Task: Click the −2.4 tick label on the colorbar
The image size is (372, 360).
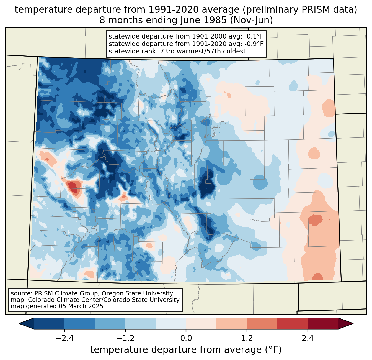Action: click(x=64, y=338)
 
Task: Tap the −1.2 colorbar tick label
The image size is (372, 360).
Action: click(x=125, y=338)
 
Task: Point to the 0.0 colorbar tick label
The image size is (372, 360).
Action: click(x=186, y=338)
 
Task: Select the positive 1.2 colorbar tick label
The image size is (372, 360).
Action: click(x=247, y=338)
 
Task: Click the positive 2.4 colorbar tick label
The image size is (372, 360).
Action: click(x=308, y=338)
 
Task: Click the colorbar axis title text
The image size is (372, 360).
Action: click(x=186, y=350)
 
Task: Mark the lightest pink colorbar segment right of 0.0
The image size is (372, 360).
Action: click(x=201, y=323)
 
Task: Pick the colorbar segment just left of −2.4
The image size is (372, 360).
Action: click(x=49, y=323)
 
